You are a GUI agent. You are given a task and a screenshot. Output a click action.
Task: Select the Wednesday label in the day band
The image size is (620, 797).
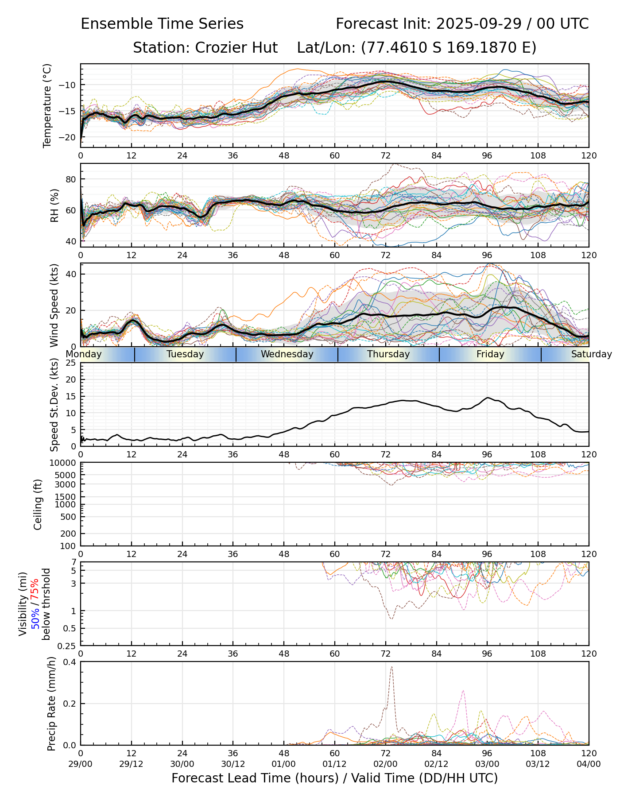pos(287,354)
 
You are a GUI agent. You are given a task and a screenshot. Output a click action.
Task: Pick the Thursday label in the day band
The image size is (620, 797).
pos(388,354)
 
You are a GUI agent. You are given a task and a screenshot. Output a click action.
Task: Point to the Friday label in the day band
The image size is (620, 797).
pos(490,354)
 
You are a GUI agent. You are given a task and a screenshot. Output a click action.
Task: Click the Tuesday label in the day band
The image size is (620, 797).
pos(185,354)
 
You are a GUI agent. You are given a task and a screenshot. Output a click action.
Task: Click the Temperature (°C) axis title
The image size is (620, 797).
pos(47,105)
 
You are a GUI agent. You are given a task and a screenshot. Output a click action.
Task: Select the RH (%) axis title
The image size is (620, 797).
pos(54,205)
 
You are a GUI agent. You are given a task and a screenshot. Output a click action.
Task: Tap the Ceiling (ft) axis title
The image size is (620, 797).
pos(38,504)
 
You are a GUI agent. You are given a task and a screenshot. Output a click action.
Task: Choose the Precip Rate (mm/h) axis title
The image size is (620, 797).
pos(51,703)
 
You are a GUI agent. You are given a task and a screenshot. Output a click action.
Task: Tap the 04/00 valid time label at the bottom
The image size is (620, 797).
pos(589,764)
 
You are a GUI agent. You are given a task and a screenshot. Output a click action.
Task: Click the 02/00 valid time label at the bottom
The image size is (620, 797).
pos(385,764)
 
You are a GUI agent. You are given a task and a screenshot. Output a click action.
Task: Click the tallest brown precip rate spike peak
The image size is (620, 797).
pos(391,667)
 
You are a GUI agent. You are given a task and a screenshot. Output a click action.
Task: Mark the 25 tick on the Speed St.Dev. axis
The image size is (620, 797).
pos(71,363)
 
